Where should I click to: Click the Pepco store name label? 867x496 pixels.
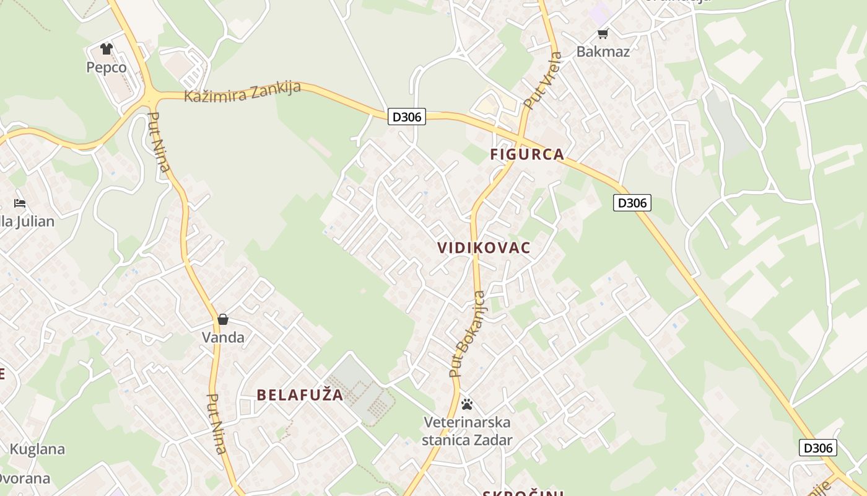(x=107, y=68)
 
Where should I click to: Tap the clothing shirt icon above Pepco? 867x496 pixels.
(x=107, y=49)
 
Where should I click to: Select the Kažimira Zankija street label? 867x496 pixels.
(x=242, y=92)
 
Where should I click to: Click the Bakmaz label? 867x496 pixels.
(x=603, y=51)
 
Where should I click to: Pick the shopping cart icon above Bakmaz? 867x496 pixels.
(x=603, y=33)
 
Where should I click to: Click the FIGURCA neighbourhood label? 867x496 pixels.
(x=528, y=154)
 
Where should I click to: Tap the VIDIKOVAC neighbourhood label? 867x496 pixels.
(x=484, y=248)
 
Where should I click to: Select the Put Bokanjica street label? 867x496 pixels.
(x=468, y=334)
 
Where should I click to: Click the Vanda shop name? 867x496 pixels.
(x=223, y=337)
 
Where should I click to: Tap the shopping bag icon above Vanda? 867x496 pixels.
(x=223, y=319)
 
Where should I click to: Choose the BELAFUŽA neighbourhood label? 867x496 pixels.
(x=300, y=395)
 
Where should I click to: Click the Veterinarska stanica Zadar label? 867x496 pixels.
(x=467, y=431)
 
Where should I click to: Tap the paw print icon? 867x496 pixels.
(x=467, y=404)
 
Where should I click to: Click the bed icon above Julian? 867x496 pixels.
(x=20, y=203)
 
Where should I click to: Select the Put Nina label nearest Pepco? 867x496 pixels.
(x=160, y=146)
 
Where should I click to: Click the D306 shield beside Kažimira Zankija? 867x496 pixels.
(x=407, y=116)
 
